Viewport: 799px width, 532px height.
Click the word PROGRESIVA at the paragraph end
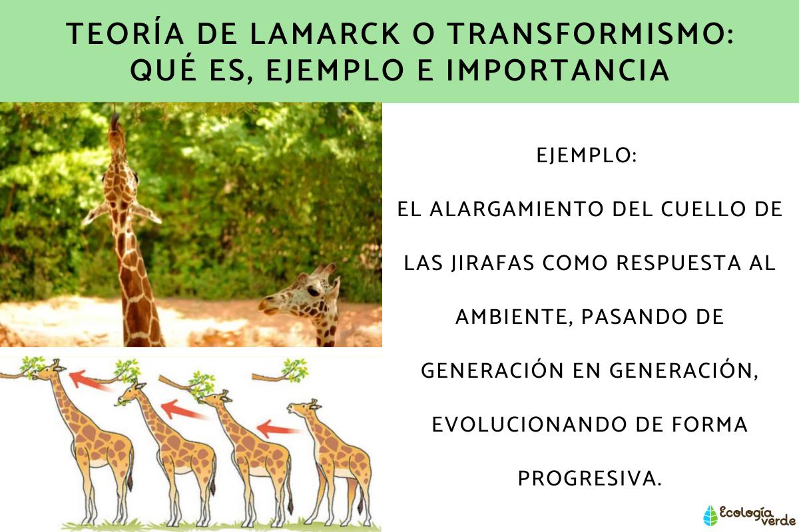tap(589, 478)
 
